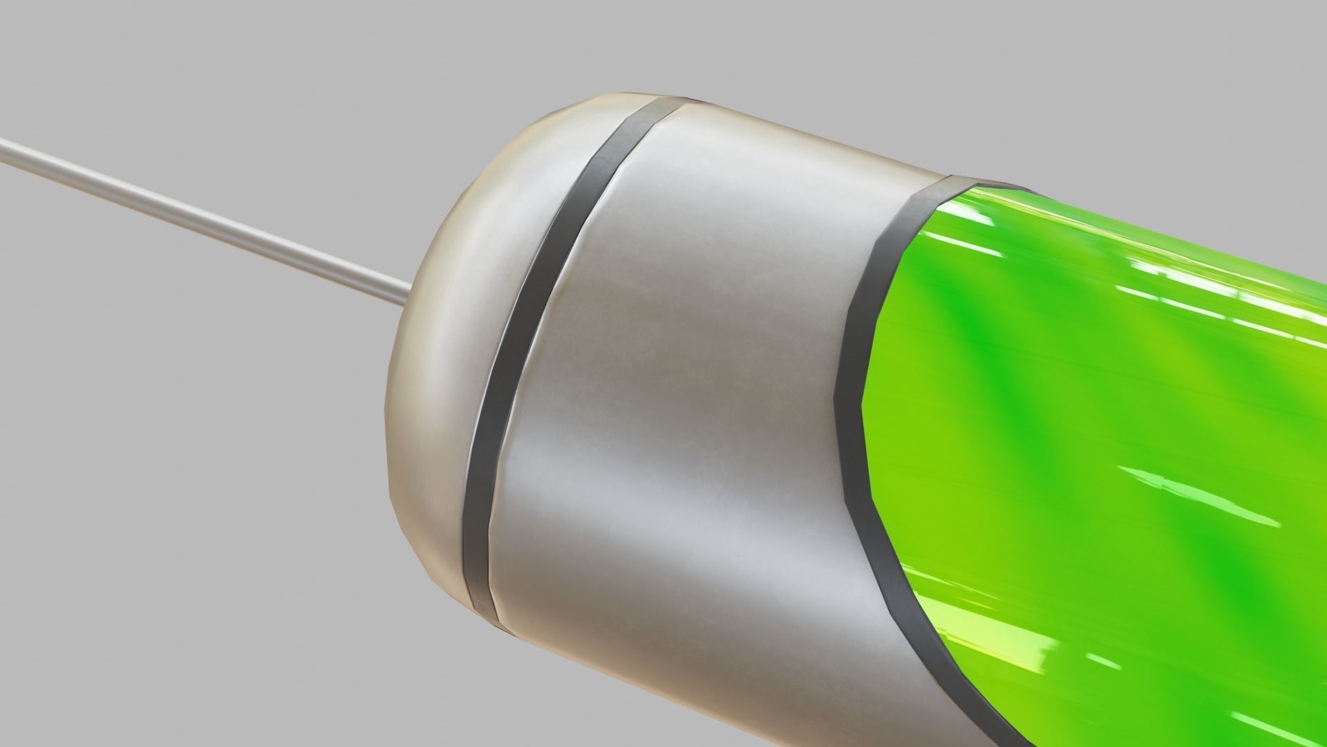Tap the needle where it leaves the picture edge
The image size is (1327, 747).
pyautogui.click(x=4, y=145)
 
